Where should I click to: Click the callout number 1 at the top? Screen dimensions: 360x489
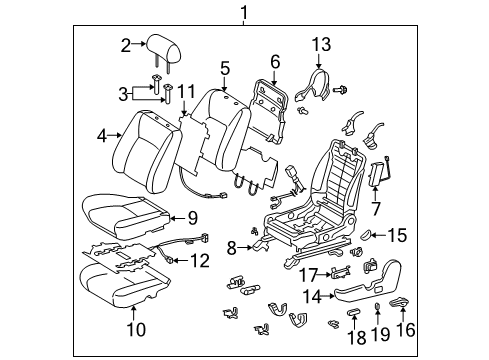click(242, 12)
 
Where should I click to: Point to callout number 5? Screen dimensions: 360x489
click(225, 69)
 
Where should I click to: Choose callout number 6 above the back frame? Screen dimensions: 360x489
click(275, 62)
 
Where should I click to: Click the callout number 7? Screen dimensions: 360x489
click(376, 210)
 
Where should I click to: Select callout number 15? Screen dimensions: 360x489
click(398, 236)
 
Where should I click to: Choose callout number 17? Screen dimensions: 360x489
click(310, 273)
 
